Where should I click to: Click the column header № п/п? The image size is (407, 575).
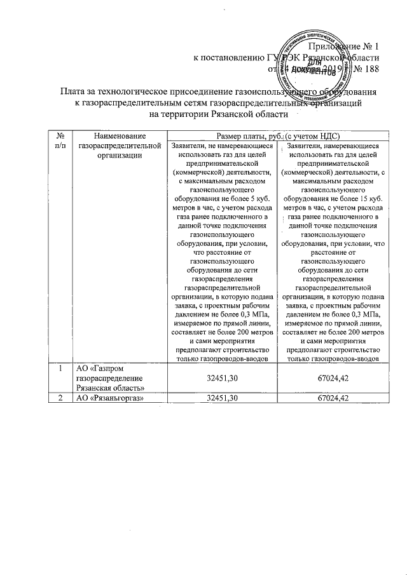point(59,140)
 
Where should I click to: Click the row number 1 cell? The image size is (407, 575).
point(59,369)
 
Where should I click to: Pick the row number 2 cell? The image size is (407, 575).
point(59,397)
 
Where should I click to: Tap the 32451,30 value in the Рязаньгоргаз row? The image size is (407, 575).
point(223,397)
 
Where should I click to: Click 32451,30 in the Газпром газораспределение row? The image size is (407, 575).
point(223,378)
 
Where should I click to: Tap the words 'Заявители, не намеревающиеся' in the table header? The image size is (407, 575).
point(223,145)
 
